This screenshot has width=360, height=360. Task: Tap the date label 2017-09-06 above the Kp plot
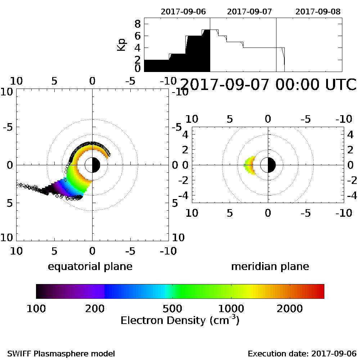click(183, 12)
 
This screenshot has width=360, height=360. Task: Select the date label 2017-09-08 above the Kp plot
click(318, 12)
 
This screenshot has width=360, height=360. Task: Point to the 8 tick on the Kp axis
click(137, 24)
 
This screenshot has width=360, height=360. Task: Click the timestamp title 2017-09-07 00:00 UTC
click(267, 85)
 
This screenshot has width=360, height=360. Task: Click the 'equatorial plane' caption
click(90, 266)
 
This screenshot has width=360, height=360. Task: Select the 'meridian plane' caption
click(270, 266)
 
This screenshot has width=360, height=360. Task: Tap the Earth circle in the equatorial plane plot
click(93, 165)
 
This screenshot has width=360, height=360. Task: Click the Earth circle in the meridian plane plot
click(268, 165)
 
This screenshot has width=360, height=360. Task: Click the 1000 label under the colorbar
click(231, 308)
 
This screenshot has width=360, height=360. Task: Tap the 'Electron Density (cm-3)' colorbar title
click(180, 320)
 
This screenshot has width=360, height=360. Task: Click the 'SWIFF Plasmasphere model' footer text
click(61, 353)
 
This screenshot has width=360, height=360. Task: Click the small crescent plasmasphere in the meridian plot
click(250, 165)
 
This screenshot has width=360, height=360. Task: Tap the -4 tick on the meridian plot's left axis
click(185, 196)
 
